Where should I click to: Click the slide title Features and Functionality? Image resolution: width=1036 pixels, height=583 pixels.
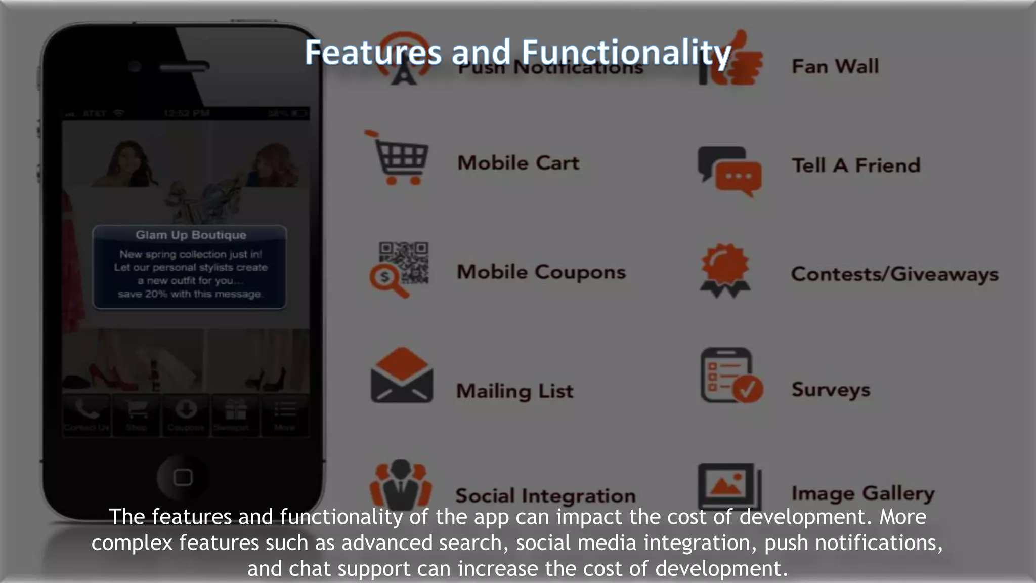pos(518,52)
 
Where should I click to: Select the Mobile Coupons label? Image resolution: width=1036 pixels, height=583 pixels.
pos(541,272)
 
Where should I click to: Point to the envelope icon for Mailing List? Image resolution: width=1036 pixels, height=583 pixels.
pos(402,376)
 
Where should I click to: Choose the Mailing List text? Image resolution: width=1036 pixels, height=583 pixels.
pos(515,391)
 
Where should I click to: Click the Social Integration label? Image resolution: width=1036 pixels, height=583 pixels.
pos(545,495)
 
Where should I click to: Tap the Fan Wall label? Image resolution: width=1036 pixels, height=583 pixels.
pos(835,66)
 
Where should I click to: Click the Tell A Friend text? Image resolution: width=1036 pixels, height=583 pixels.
pos(856,165)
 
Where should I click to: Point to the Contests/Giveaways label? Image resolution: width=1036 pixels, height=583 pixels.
pos(894,274)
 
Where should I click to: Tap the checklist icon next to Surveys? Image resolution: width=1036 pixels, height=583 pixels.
pos(730,376)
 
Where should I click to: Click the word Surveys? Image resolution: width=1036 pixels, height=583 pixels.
pos(831,389)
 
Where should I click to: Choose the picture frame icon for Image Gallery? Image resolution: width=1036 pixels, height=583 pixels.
pos(729,486)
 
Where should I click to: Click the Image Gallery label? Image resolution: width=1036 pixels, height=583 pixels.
pos(863,493)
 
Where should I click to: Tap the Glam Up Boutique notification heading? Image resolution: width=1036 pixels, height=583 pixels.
pos(191,235)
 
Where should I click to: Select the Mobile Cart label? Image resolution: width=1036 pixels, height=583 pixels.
pos(518,163)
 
